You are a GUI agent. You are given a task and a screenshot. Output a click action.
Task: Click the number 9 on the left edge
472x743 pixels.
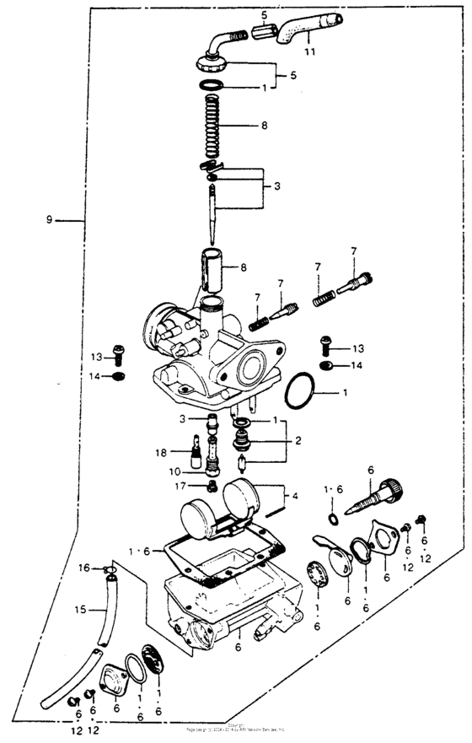(x=50, y=220)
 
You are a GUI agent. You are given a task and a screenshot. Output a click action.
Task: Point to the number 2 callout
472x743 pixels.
(x=298, y=440)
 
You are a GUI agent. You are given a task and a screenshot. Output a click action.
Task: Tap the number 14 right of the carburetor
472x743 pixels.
(x=357, y=365)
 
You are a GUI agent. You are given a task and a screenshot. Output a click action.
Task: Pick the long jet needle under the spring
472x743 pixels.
(x=213, y=211)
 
